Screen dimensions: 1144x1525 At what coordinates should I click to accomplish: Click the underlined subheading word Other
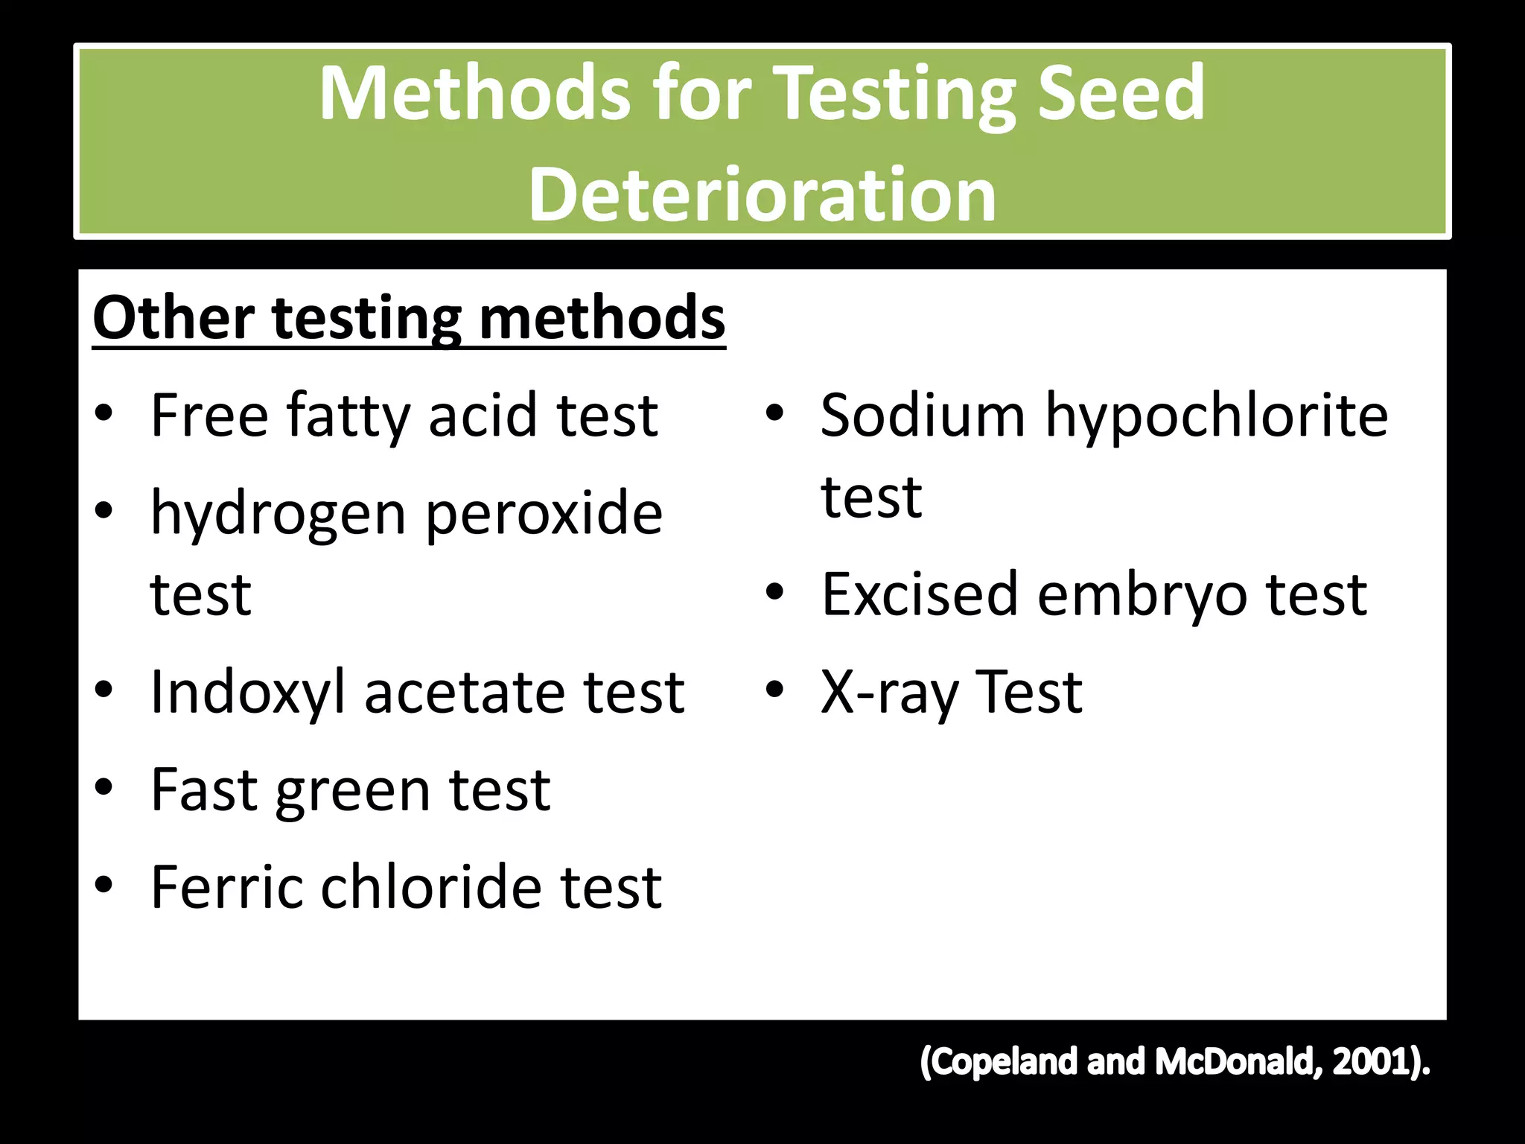173,318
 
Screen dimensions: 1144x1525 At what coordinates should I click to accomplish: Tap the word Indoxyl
248,693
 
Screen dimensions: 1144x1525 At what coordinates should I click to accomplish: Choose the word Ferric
226,887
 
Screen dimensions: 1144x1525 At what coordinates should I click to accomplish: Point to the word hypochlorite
1217,416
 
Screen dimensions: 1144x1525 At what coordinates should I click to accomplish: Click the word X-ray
889,693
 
